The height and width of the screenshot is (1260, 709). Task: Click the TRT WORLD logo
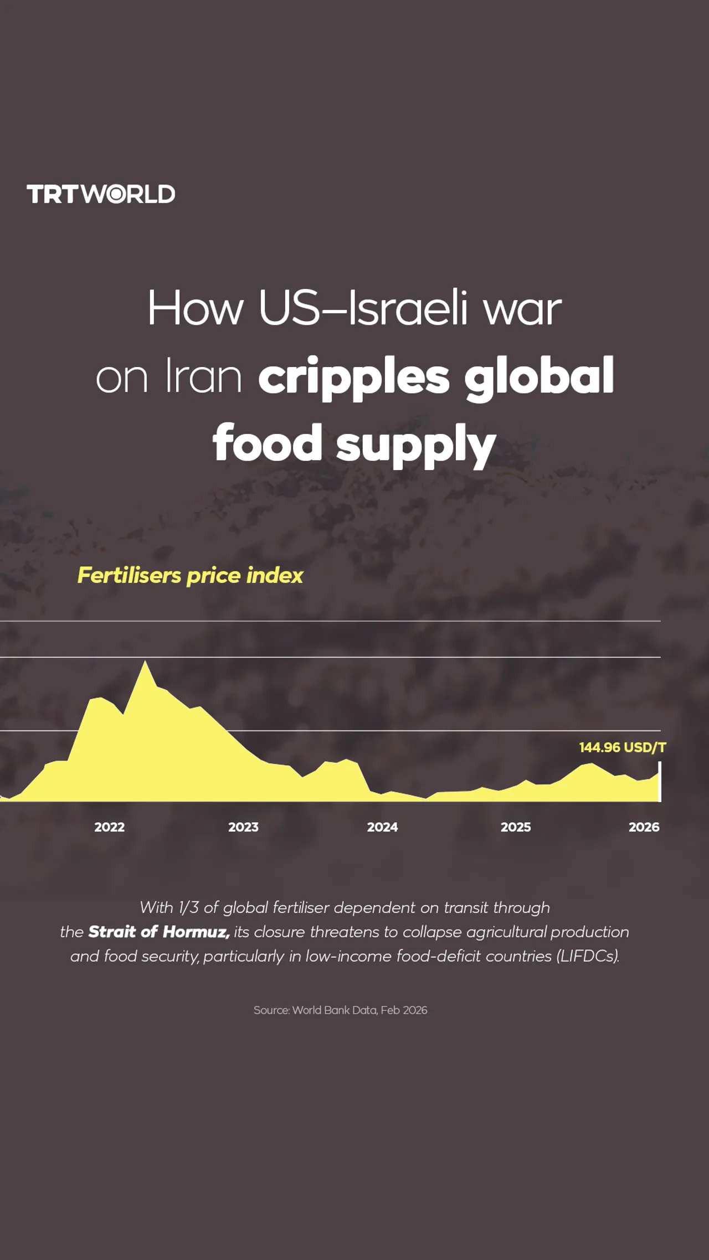(x=101, y=194)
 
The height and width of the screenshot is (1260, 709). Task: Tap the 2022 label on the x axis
(x=109, y=827)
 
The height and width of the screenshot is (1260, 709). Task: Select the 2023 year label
(x=243, y=827)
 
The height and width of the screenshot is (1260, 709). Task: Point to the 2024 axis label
(x=382, y=827)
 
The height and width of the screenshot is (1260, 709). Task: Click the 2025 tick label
(x=516, y=827)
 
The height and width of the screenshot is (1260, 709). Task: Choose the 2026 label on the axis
(x=644, y=827)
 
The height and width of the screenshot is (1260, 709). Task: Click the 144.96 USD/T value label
(x=622, y=747)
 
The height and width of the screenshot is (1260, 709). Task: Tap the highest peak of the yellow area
(x=145, y=663)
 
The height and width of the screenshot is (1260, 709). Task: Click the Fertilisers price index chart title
(x=190, y=576)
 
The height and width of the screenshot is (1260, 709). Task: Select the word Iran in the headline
(x=203, y=377)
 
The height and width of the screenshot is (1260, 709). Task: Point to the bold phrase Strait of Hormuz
(x=159, y=932)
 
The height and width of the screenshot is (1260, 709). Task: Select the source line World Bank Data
(x=340, y=1010)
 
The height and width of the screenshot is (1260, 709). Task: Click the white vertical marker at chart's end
(x=659, y=782)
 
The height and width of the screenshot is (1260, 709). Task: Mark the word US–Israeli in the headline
(x=363, y=308)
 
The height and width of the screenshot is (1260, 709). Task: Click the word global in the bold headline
(x=538, y=377)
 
